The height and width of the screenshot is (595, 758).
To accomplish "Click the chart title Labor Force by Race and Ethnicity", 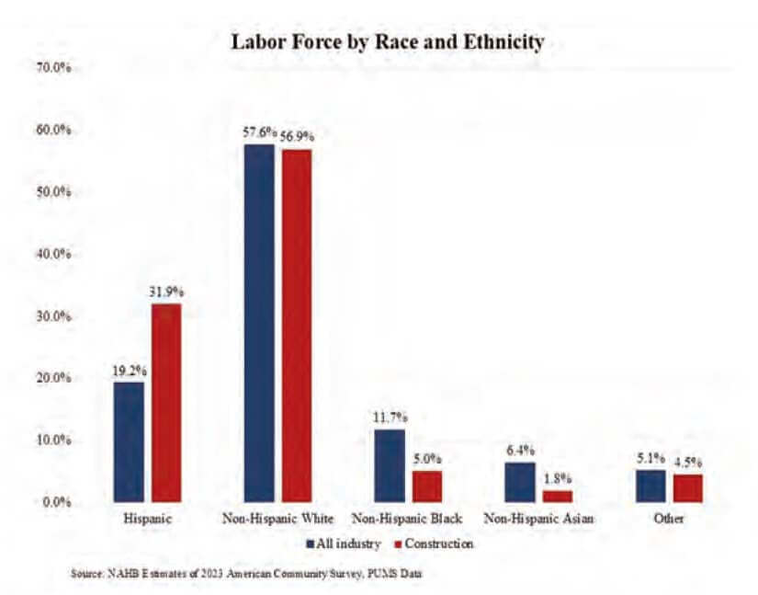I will click(x=386, y=42).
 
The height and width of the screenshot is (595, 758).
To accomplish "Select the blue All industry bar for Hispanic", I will click(x=129, y=442).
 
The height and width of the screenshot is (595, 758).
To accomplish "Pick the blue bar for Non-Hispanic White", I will click(x=259, y=323).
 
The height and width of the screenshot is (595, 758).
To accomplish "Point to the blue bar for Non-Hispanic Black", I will click(x=390, y=465).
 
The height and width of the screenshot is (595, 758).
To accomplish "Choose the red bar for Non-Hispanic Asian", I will click(x=558, y=497).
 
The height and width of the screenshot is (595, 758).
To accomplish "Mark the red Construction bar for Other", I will click(x=687, y=488).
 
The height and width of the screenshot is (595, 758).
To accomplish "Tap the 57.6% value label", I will click(x=259, y=132).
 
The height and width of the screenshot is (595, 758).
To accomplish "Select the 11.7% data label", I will click(x=390, y=418).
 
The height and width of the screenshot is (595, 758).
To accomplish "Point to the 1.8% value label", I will click(x=558, y=478).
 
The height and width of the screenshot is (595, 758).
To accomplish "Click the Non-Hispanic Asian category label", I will click(x=538, y=519).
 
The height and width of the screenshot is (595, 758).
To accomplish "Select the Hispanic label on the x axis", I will click(x=148, y=519).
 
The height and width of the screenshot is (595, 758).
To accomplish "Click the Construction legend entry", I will click(x=432, y=544).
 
